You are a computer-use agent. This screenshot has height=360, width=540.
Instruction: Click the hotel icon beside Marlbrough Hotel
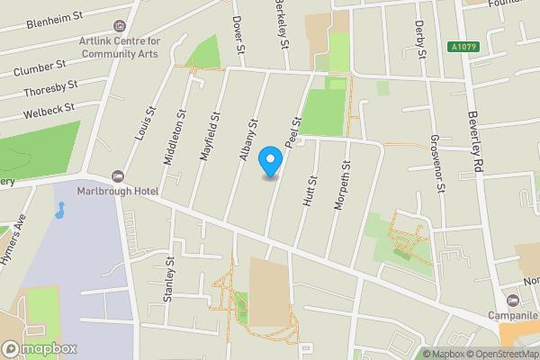tap(117, 175)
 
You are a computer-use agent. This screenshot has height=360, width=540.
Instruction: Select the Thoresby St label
tap(50, 90)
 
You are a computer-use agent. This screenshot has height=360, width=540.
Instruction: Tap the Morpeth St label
tap(340, 185)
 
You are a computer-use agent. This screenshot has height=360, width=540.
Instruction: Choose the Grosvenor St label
tap(436, 165)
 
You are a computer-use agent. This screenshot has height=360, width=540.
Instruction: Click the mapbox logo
tap(40, 348)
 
